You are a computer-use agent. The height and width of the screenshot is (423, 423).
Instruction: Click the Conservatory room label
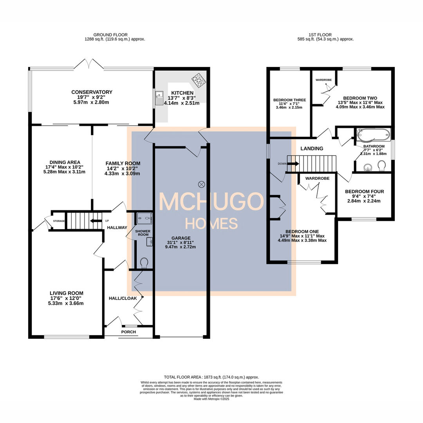coord(92,92)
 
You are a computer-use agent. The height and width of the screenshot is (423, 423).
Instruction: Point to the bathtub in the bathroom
coord(373,135)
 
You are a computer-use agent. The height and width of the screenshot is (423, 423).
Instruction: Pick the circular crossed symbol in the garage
coord(202,183)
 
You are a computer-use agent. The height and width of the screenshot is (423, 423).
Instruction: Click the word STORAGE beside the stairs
coord(59,221)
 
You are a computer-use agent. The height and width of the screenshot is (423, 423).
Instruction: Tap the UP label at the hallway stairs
coord(107,221)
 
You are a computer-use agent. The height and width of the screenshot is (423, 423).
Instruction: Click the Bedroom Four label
coord(364,192)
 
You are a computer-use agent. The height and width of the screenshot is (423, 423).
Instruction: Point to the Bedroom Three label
coord(289,100)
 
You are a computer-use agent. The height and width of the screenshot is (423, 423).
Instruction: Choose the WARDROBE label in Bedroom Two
coord(324,80)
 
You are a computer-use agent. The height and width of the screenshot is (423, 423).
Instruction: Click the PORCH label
coord(128,332)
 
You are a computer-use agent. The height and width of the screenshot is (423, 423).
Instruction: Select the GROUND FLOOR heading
coord(111,35)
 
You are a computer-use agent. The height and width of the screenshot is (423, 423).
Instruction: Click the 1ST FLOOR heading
coord(326,35)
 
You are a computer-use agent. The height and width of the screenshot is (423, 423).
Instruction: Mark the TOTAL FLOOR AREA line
coord(211,377)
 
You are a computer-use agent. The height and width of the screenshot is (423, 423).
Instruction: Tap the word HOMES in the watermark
coord(211,224)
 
